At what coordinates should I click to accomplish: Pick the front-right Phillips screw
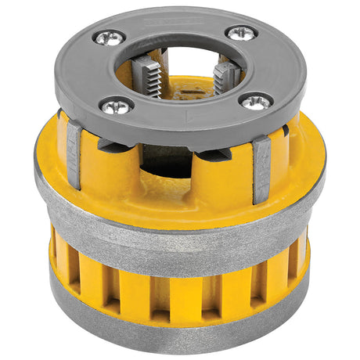pyautogui.click(x=255, y=101)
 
